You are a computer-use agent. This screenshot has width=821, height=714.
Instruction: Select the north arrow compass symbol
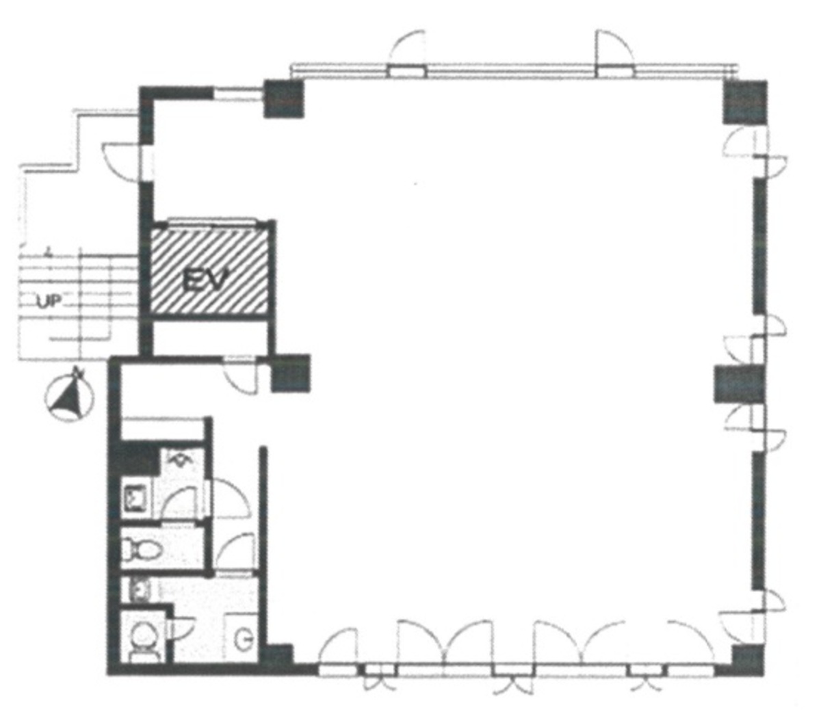coord(68,396)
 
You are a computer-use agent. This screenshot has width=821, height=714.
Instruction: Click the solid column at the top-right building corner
coord(746,102)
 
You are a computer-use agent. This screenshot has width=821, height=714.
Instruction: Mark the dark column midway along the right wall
coord(738,383)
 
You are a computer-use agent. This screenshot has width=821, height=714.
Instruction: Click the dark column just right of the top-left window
coord(283,98)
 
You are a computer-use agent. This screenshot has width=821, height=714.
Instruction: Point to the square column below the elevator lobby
coord(291,373)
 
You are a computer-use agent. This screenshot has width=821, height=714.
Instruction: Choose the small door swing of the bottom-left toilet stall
coord(183,634)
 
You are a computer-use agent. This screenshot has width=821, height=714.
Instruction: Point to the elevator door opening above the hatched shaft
coord(211,221)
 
